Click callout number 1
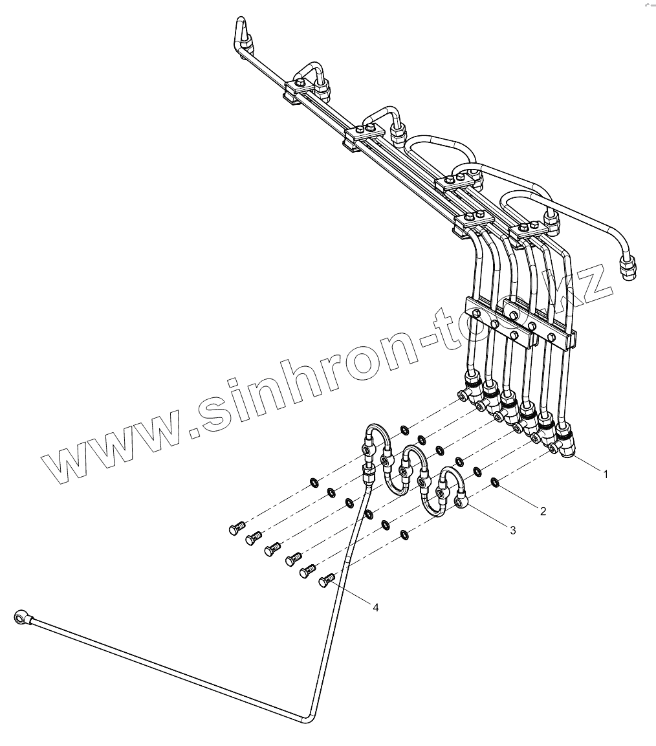point(606,474)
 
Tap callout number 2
point(543,511)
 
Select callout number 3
point(512,531)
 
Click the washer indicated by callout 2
point(495,481)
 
